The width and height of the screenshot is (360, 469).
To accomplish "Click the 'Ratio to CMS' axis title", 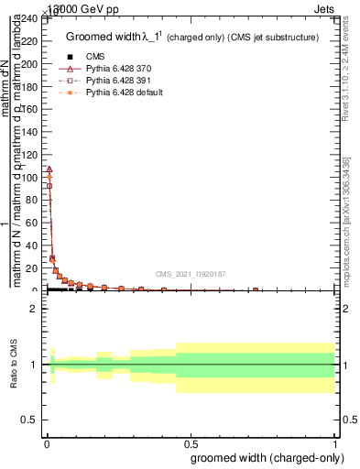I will coord(14,365).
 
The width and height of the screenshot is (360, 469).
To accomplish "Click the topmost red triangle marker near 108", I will coord(49,169).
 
